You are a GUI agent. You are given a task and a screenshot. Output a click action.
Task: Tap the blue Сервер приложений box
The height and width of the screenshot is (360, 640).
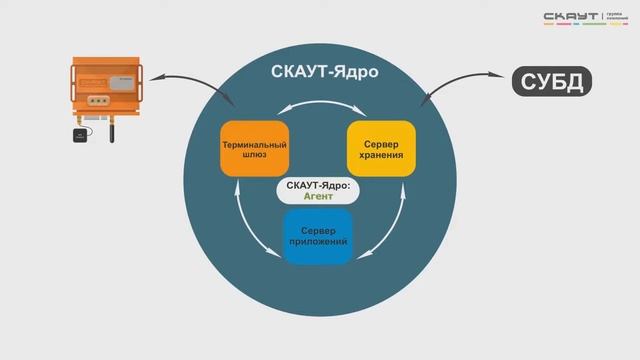317,237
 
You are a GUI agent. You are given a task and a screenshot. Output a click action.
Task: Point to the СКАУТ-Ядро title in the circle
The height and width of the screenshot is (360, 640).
318,72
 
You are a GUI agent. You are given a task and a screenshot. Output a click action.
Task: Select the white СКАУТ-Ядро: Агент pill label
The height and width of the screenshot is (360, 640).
317,191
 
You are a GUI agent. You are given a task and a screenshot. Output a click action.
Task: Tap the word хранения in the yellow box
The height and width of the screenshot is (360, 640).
379,156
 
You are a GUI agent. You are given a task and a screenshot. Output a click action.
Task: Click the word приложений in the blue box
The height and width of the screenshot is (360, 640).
317,243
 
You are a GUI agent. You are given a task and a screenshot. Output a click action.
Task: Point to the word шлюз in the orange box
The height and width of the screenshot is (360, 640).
254,156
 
